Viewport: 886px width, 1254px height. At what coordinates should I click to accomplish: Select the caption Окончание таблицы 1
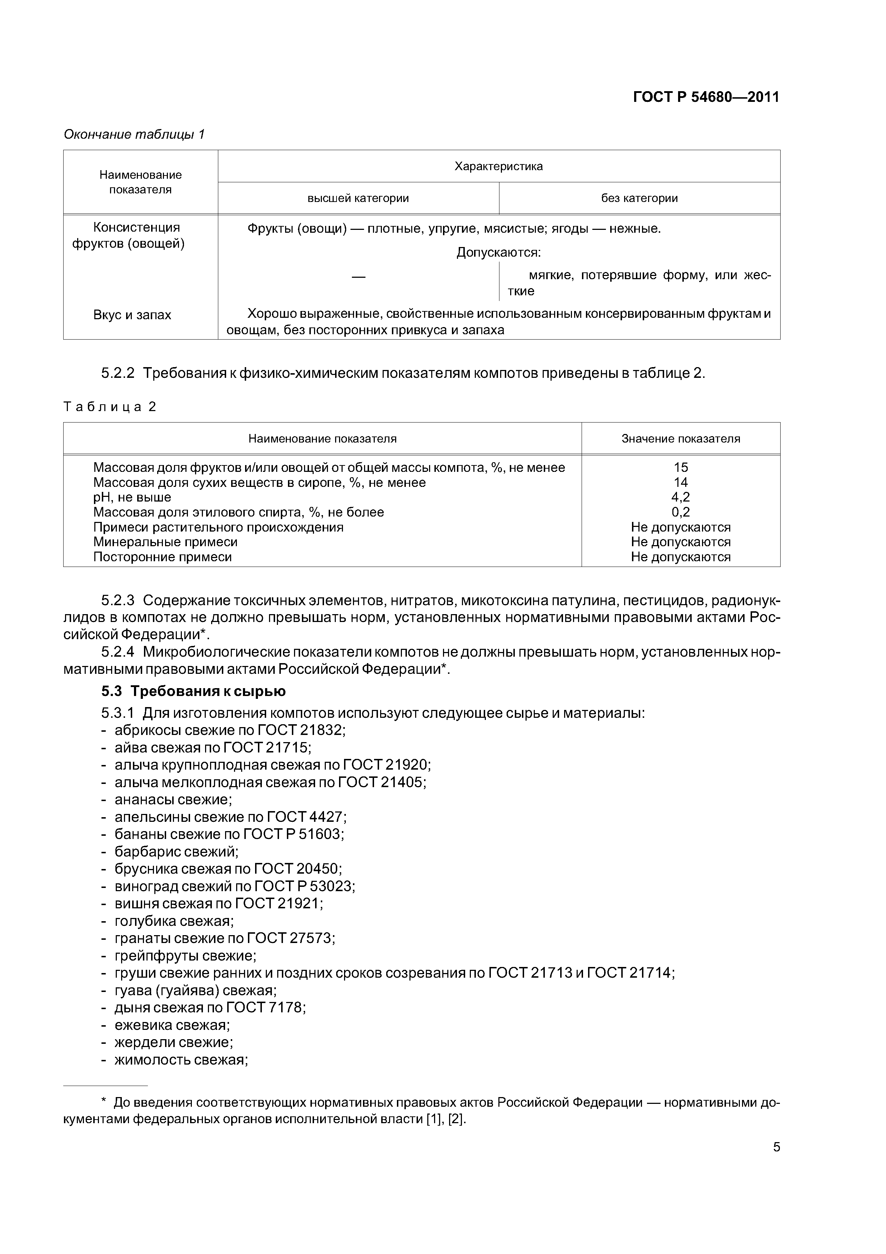pos(134,134)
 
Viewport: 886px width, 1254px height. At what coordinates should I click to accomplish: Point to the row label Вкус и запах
pos(132,315)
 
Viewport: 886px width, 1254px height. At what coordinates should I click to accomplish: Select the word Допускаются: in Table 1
pos(498,253)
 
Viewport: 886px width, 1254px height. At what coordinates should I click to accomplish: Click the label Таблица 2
pos(110,407)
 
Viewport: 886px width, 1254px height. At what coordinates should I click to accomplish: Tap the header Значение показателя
pos(681,439)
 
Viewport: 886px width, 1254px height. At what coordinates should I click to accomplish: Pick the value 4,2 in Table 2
pos(681,497)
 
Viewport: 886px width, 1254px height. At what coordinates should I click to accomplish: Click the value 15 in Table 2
pos(681,468)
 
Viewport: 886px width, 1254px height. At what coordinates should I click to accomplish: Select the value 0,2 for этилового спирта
pos(681,512)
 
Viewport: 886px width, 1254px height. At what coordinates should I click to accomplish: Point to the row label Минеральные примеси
pos(165,542)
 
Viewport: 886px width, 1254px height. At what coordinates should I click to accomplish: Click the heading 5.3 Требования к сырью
pos(193,691)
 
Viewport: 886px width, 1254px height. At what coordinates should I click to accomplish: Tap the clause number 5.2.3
pos(118,601)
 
